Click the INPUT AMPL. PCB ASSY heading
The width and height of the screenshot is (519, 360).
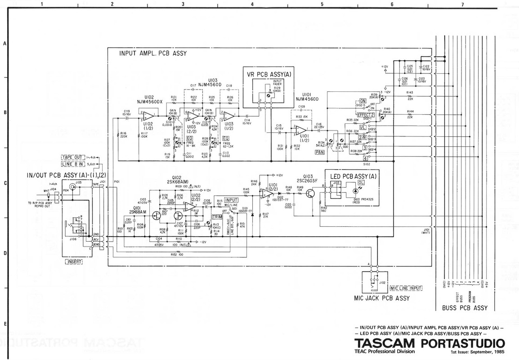(x=153, y=53)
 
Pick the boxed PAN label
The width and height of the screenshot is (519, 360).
(x=320, y=153)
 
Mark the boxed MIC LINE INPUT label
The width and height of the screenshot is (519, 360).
(x=406, y=288)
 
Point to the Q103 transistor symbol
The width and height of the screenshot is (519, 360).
(x=310, y=193)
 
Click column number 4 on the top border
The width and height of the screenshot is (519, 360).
(x=252, y=4)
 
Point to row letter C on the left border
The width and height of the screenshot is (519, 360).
(x=4, y=184)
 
